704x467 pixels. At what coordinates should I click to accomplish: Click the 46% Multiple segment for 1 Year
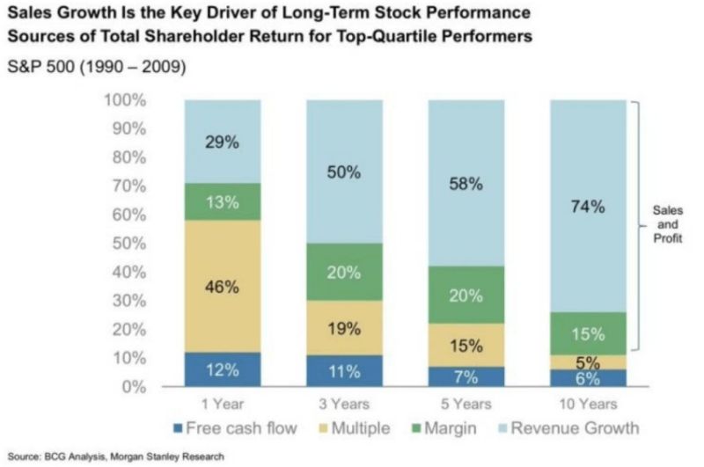click(222, 287)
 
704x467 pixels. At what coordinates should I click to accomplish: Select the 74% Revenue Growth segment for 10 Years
click(588, 207)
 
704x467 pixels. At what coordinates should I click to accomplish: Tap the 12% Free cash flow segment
click(222, 369)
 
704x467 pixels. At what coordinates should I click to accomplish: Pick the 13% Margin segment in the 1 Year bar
click(222, 201)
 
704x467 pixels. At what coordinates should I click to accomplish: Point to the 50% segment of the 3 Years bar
click(344, 172)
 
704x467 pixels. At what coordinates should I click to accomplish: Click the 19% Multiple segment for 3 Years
click(344, 328)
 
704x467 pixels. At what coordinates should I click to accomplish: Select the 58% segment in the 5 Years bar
click(466, 184)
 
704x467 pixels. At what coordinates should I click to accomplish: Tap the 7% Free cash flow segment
click(466, 377)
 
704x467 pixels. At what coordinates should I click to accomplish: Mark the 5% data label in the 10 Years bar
click(588, 361)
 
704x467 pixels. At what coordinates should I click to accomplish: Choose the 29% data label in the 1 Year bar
click(222, 142)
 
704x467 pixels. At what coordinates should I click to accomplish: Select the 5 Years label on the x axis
click(466, 405)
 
